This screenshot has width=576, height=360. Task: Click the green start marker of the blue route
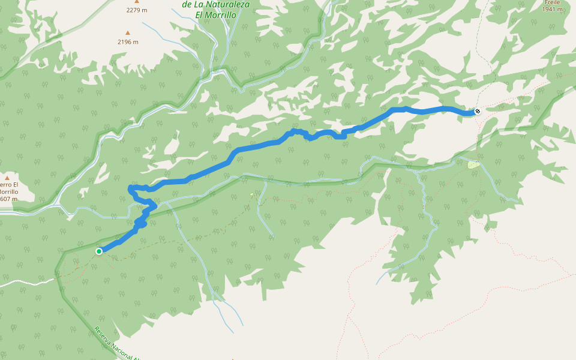tap(99, 251)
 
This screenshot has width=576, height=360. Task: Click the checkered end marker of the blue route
tap(477, 111)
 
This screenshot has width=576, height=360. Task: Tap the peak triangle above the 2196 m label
tap(127, 33)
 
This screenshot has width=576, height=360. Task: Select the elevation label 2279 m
tap(136, 10)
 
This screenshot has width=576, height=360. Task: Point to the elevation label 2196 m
tap(128, 42)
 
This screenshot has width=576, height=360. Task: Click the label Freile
tap(552, 2)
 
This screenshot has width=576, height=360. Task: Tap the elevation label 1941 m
tap(553, 10)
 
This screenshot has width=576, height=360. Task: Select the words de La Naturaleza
tap(216, 4)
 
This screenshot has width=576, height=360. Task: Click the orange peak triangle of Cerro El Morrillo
tap(7, 178)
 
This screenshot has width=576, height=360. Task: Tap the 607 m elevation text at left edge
tap(8, 199)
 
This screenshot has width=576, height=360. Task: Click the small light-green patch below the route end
tap(473, 164)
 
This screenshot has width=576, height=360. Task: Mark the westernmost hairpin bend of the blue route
tap(131, 190)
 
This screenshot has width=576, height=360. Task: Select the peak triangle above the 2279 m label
tap(136, 2)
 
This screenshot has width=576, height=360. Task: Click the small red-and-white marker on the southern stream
tap(251, 194)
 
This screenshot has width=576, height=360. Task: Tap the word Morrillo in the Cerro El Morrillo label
tap(8, 192)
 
